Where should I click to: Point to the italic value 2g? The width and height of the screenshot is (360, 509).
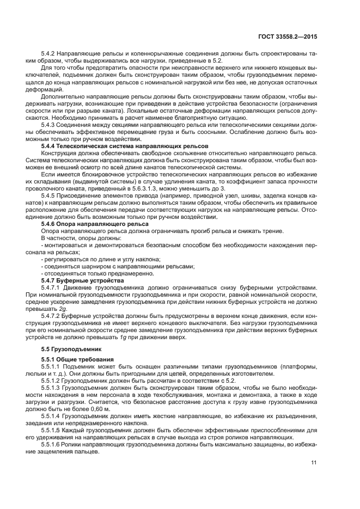63,308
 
